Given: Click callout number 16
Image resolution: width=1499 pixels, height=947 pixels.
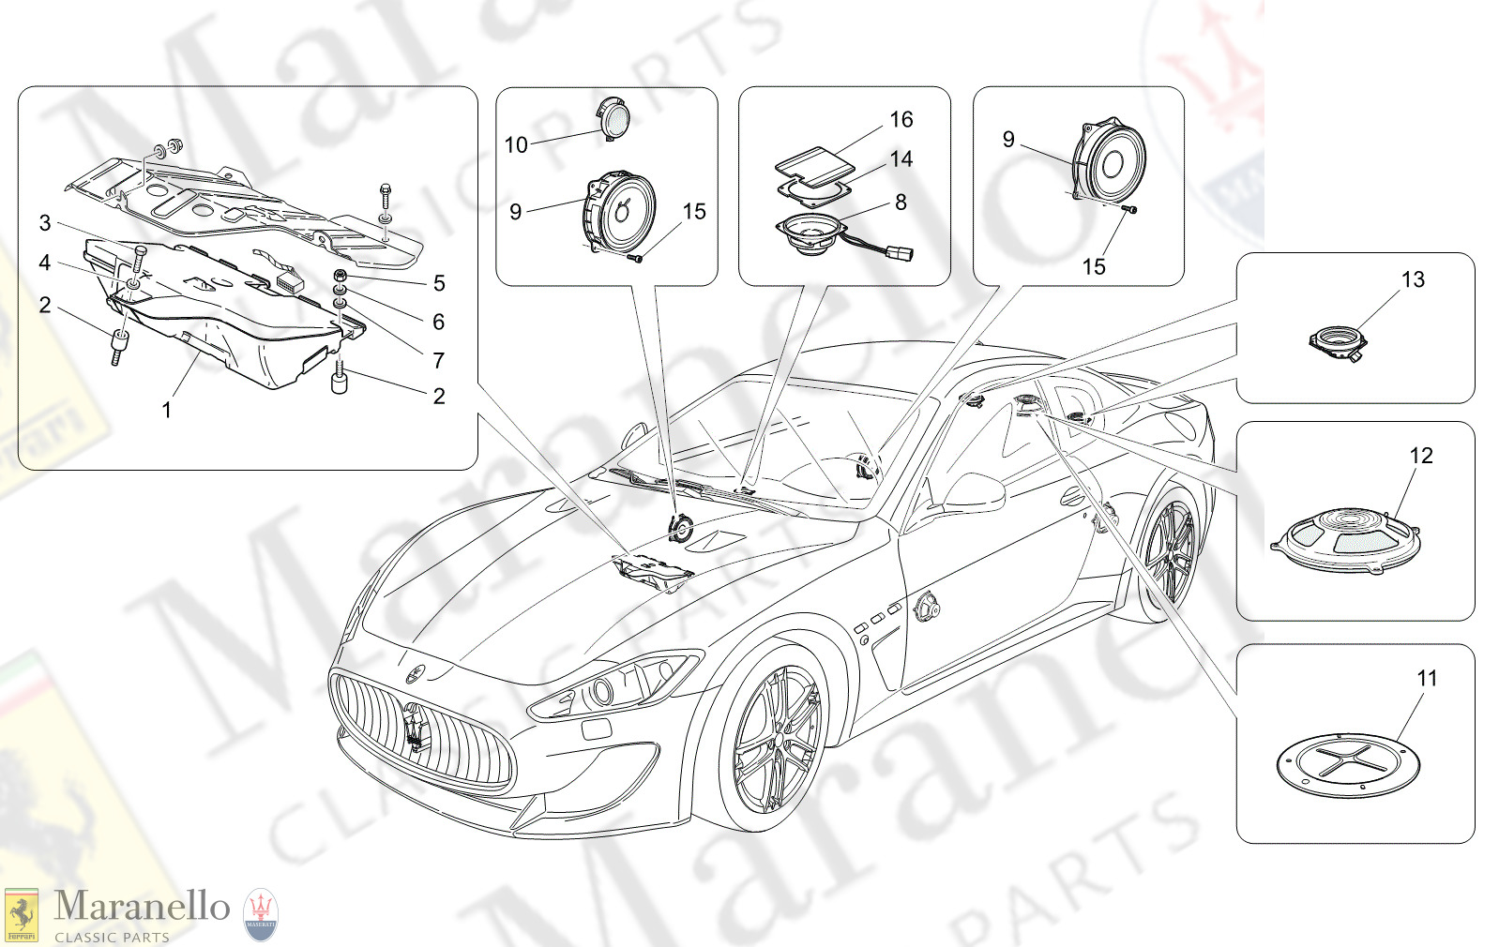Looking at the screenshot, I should [901, 120].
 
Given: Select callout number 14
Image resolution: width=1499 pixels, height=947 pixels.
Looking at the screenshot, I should [901, 159].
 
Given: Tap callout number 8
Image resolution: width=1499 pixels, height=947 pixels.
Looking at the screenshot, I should [901, 203].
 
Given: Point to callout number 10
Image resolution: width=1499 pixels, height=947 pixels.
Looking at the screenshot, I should [516, 145].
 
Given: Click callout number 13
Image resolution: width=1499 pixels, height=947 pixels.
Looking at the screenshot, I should [1413, 280].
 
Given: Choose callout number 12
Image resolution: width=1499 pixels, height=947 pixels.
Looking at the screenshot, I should [1421, 456].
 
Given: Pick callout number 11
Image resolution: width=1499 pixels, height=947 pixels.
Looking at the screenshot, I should [1427, 679].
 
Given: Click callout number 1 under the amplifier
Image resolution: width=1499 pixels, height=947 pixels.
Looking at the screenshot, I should [167, 411].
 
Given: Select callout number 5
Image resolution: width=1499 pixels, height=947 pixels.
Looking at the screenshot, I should [439, 284].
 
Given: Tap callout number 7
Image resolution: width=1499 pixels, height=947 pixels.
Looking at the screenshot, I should [438, 361].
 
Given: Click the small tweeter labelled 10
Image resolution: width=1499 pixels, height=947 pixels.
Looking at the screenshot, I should [614, 119].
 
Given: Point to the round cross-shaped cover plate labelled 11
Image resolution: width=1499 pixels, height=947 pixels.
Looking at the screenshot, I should [1348, 764].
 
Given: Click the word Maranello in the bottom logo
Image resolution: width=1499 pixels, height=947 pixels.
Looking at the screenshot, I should [142, 907].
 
